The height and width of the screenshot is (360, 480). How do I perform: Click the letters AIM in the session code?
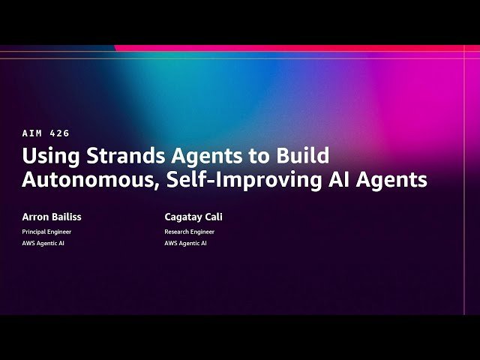32,133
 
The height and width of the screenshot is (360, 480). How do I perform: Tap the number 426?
59,133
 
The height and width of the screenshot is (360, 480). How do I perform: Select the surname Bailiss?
67,217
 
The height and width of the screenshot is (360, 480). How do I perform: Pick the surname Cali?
214,217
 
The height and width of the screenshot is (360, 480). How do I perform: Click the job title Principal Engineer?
46,232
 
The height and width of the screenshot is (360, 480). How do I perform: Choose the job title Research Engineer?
189,232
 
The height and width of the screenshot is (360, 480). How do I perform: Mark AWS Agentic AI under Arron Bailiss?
43,244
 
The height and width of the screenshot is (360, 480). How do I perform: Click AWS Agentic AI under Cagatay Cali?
186,244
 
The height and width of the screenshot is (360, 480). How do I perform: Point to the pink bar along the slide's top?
300,48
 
